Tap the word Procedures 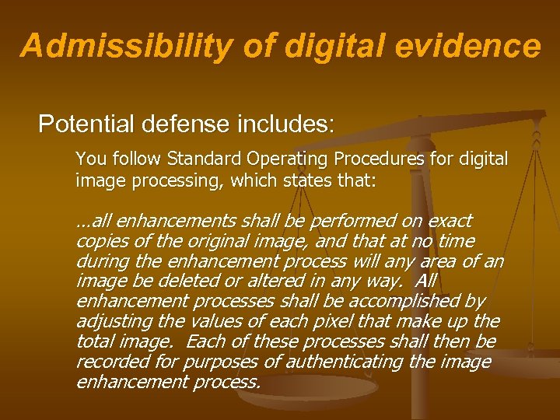(380, 159)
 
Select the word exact (450, 221)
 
